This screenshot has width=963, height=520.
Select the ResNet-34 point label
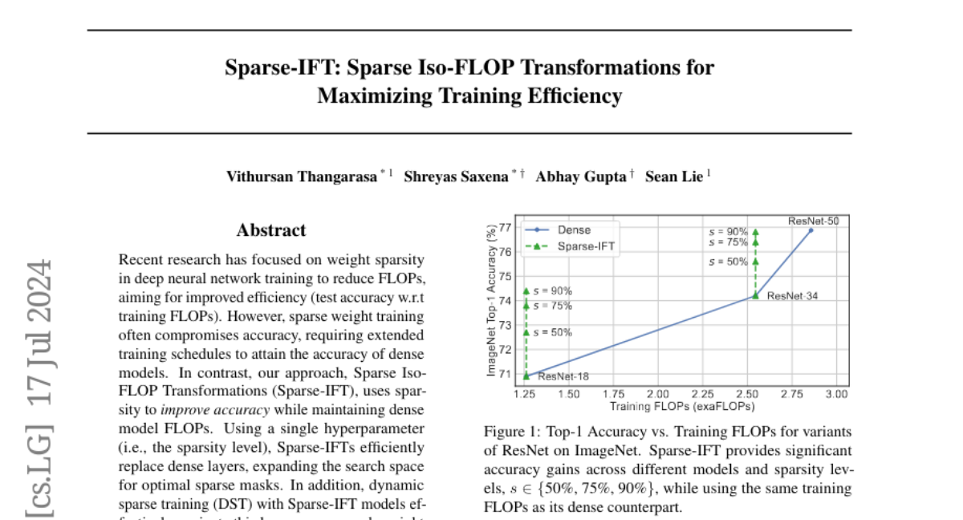click(792, 296)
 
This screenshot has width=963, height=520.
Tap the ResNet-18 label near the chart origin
click(563, 376)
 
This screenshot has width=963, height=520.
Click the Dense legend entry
click(574, 230)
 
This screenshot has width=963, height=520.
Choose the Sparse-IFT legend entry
click(586, 246)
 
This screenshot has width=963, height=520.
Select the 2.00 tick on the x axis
click(658, 394)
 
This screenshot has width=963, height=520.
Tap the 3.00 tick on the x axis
click(836, 394)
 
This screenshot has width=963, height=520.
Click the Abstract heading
click(271, 230)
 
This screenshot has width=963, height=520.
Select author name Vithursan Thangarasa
click(303, 177)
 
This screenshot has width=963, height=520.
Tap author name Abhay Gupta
click(582, 177)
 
